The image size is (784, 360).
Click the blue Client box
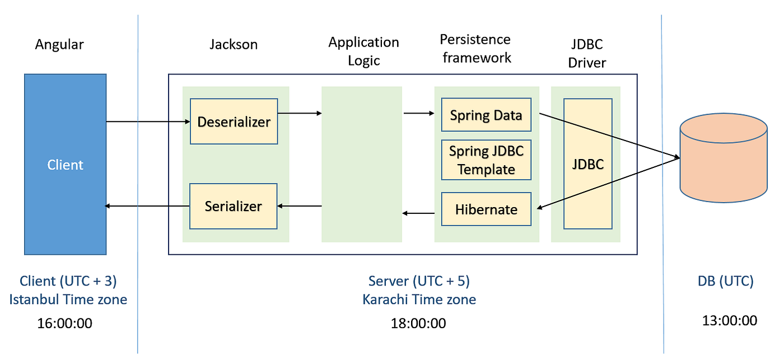(x=65, y=165)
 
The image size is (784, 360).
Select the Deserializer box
(x=234, y=121)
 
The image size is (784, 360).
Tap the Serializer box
(x=234, y=206)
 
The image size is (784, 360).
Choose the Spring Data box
(x=486, y=115)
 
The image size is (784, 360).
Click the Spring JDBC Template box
(x=486, y=160)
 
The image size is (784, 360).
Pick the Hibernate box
(x=486, y=209)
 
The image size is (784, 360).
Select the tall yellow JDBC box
(x=587, y=163)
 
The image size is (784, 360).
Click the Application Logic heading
(x=363, y=51)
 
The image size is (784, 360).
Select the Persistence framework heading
(x=476, y=48)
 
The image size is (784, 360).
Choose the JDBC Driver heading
(x=586, y=54)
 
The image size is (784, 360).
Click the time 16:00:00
(x=64, y=323)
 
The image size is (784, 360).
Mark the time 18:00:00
(x=418, y=323)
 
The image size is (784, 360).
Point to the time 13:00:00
(x=729, y=320)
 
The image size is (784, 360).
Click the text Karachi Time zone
(x=419, y=300)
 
